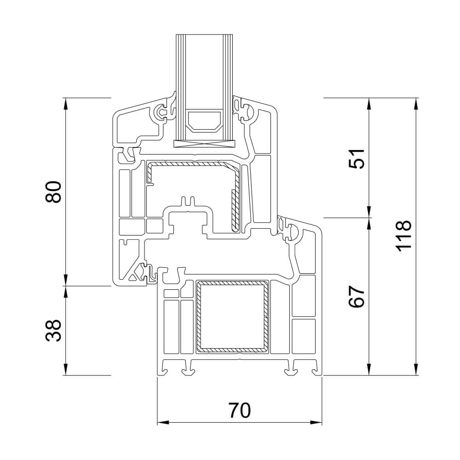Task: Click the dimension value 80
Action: click(x=54, y=192)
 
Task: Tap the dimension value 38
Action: click(x=54, y=331)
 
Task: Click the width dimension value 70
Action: click(x=239, y=410)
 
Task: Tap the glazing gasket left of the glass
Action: click(x=163, y=112)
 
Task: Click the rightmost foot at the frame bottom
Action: click(x=315, y=368)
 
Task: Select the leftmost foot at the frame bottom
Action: click(x=164, y=368)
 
